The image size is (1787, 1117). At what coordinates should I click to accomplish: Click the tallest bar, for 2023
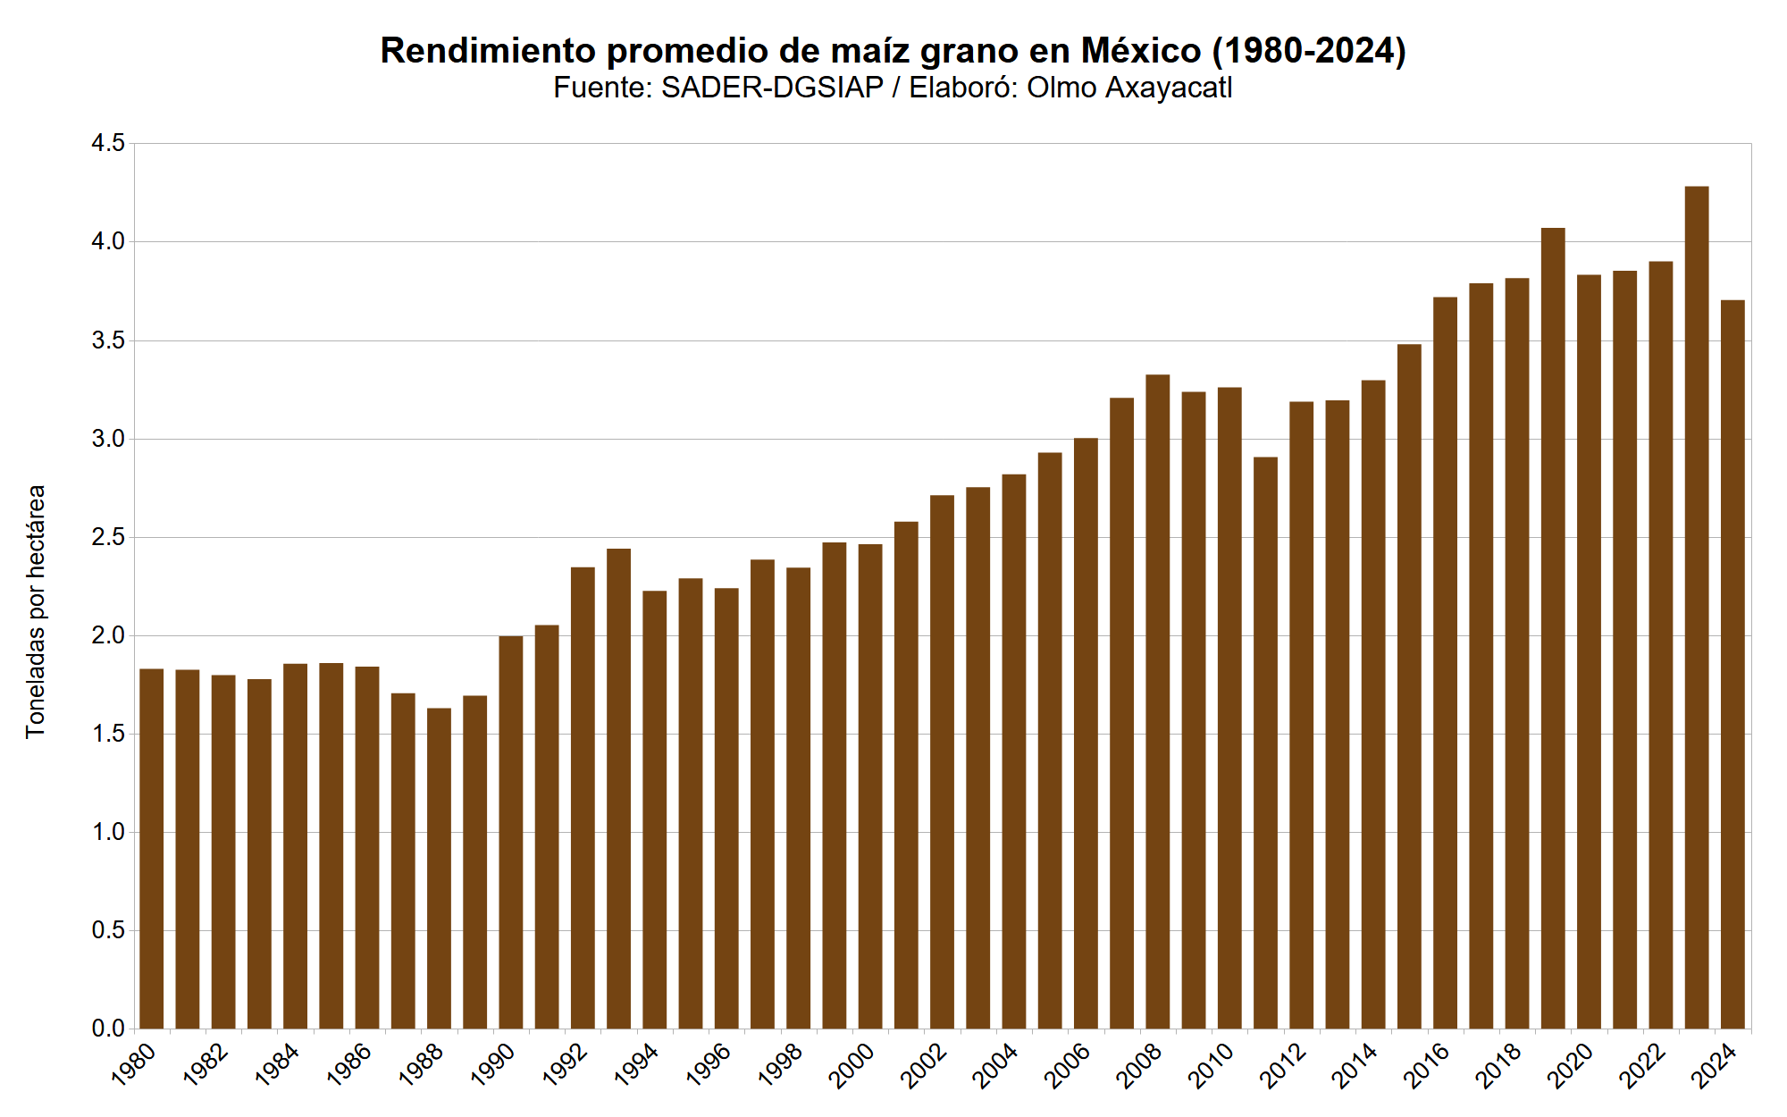coord(1697,608)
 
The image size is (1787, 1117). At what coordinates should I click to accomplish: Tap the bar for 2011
coord(1265,743)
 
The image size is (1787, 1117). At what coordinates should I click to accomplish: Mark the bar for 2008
coord(1158,701)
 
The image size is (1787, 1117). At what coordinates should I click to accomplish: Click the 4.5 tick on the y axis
coord(108,144)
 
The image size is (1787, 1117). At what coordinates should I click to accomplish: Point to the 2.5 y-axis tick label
coord(108,538)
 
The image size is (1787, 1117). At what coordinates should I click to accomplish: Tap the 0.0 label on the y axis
coord(108,1029)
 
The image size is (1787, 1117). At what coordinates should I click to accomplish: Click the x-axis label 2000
coord(852,1066)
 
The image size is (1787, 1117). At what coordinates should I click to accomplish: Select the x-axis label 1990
coord(492,1066)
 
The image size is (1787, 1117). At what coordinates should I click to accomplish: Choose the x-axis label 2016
coord(1426,1066)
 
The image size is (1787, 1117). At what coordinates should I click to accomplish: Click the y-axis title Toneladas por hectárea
coord(36,612)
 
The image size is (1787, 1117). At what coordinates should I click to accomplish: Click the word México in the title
coord(1141,51)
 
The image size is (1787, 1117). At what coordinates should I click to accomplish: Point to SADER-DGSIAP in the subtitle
coord(772,88)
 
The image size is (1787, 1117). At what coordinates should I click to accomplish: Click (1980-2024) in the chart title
coord(1309,51)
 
